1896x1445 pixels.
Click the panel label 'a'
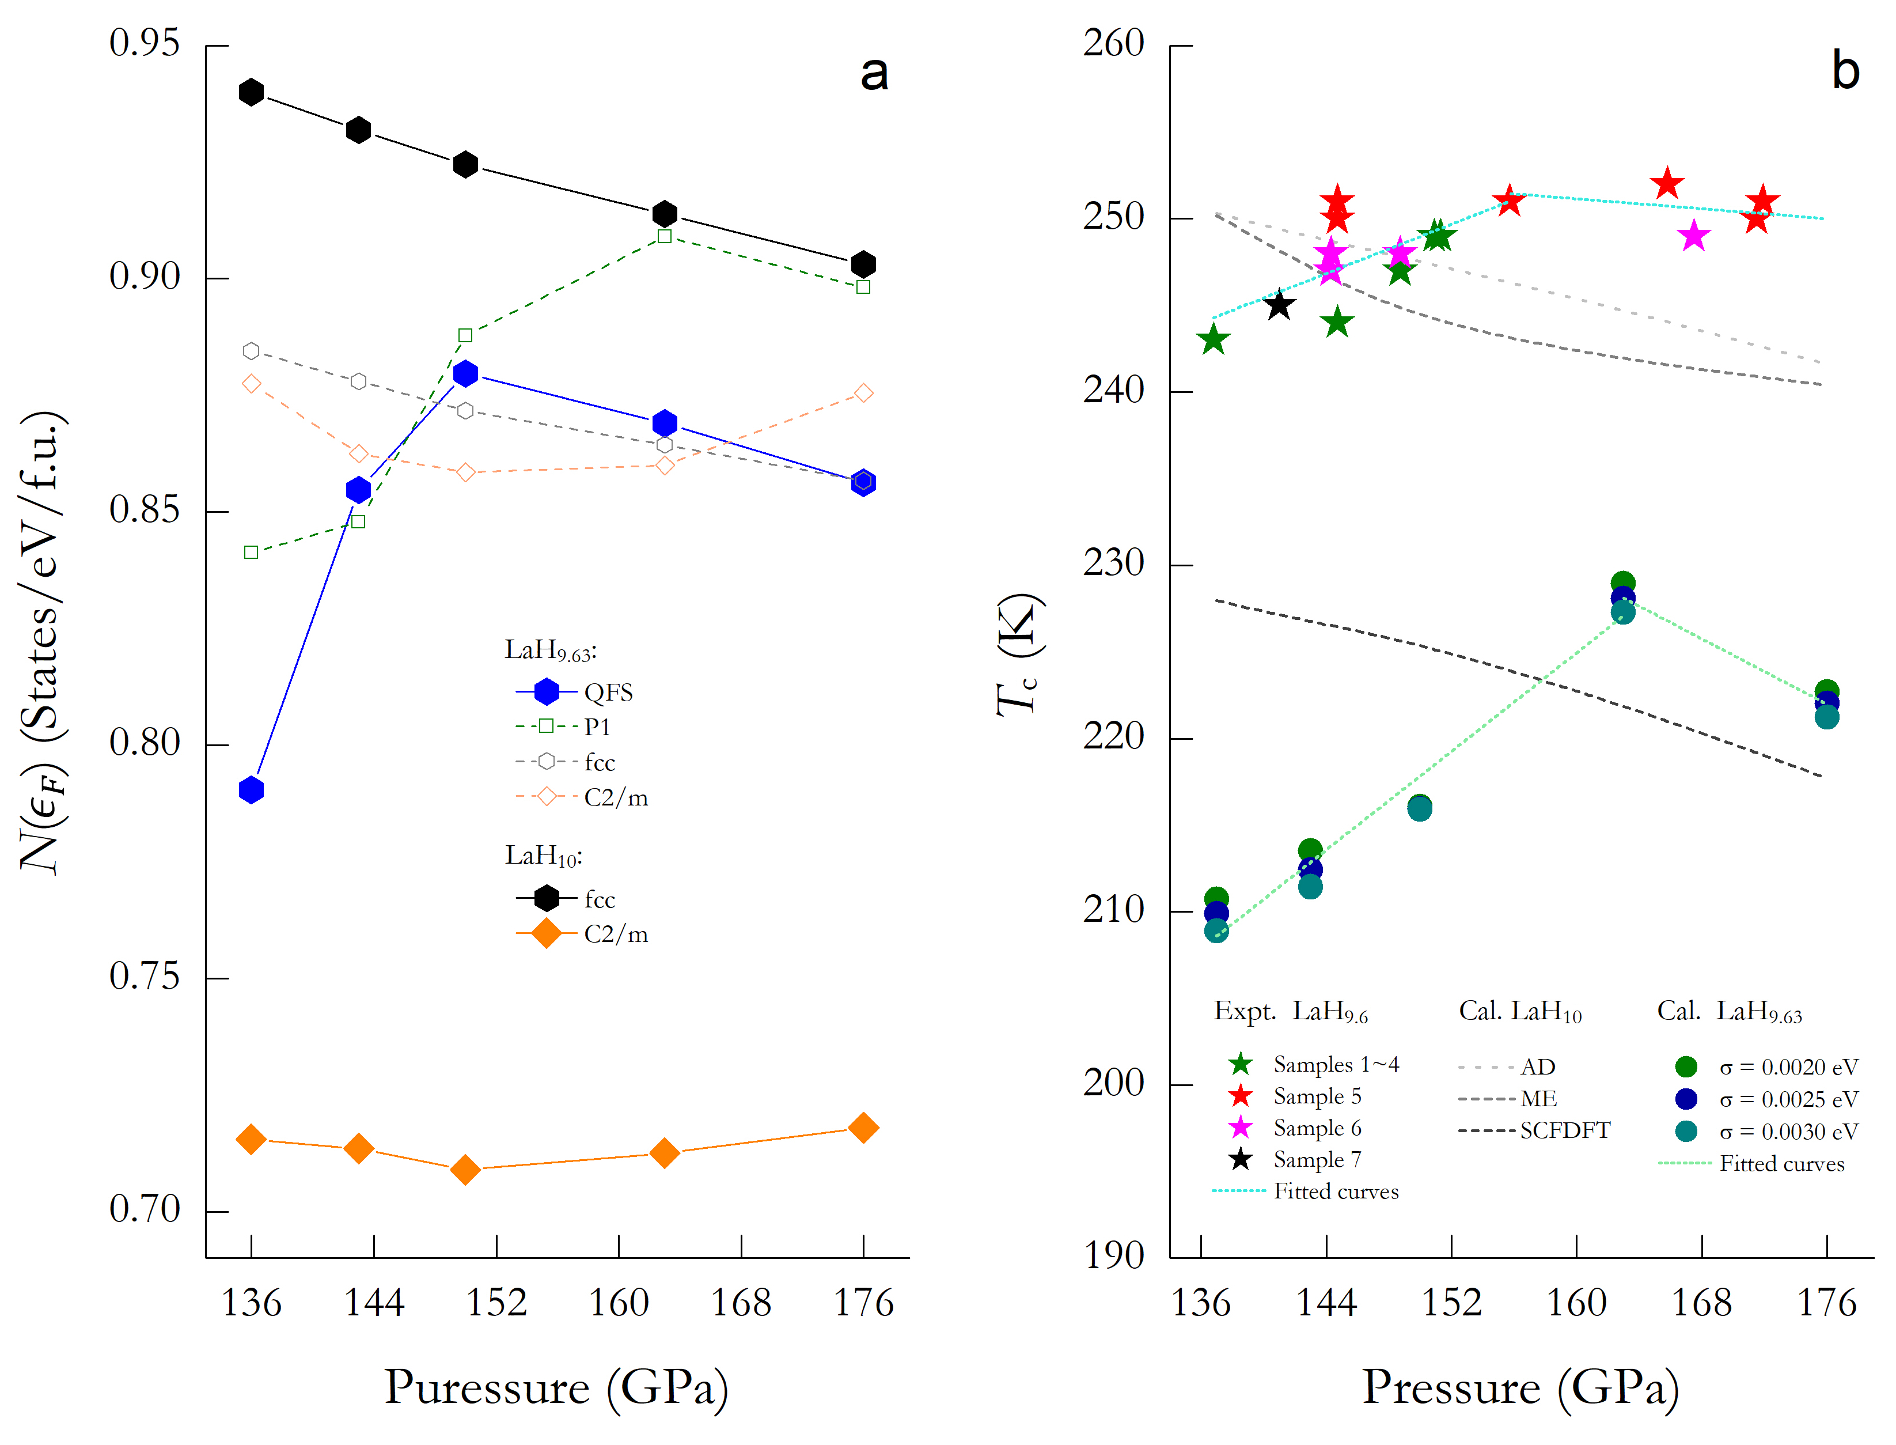pyautogui.click(x=874, y=73)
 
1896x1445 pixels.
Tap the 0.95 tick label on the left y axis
pyautogui.click(x=145, y=43)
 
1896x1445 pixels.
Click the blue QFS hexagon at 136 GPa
pyautogui.click(x=251, y=789)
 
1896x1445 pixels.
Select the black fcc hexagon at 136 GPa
pyautogui.click(x=251, y=92)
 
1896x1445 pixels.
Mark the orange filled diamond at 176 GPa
pyautogui.click(x=863, y=1128)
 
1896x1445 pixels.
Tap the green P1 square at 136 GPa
pyautogui.click(x=251, y=552)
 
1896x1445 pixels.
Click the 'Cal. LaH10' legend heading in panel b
pyautogui.click(x=1520, y=1012)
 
